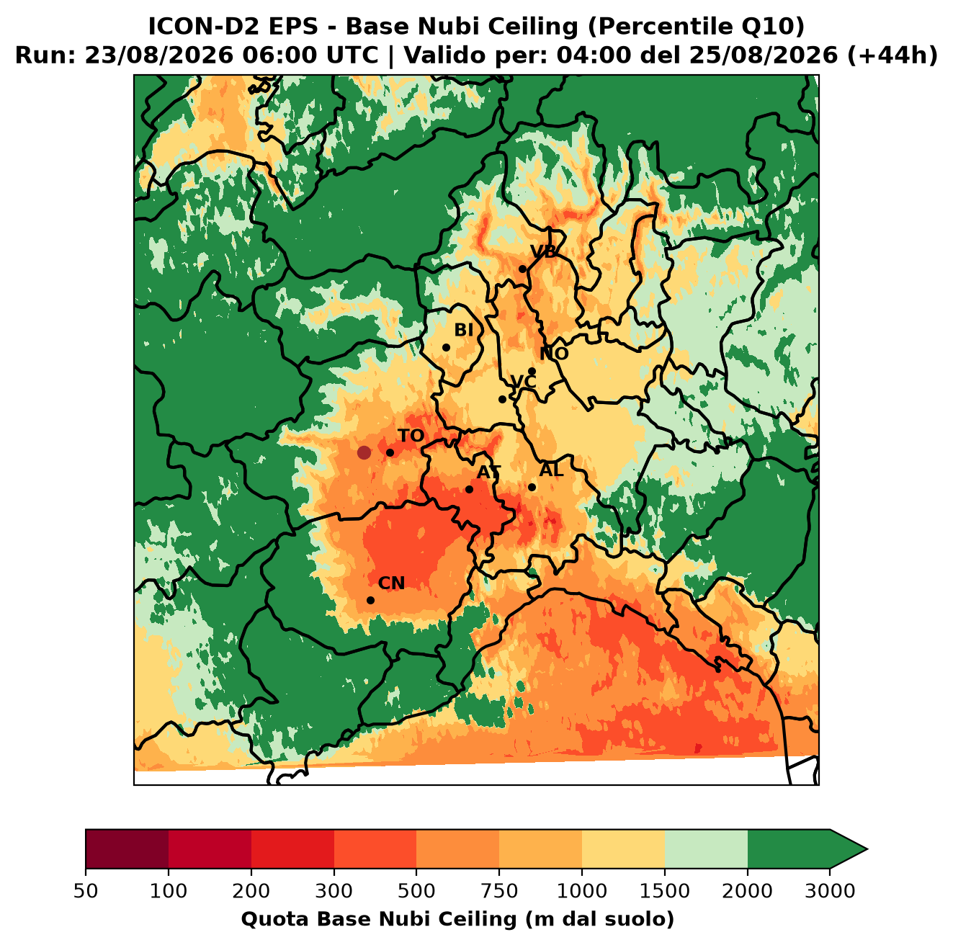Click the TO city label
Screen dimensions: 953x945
pos(411,436)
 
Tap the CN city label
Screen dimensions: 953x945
pos(391,583)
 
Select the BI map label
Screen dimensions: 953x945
pos(463,330)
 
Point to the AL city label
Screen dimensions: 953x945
pos(552,470)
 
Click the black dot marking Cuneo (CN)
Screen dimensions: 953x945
pos(370,600)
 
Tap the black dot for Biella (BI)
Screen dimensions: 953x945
pos(446,348)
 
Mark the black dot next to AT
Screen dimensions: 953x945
pos(470,490)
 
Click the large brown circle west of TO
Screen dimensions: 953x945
pos(364,452)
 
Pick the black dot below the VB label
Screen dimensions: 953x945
pos(522,269)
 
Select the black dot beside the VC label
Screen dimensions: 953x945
pos(502,399)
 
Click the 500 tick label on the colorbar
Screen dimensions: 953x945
pos(416,890)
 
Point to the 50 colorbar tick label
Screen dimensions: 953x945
pos(86,890)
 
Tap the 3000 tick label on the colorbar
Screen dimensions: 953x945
pos(830,890)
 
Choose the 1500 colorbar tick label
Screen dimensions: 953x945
pos(665,890)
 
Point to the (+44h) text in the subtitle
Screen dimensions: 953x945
pos(892,55)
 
